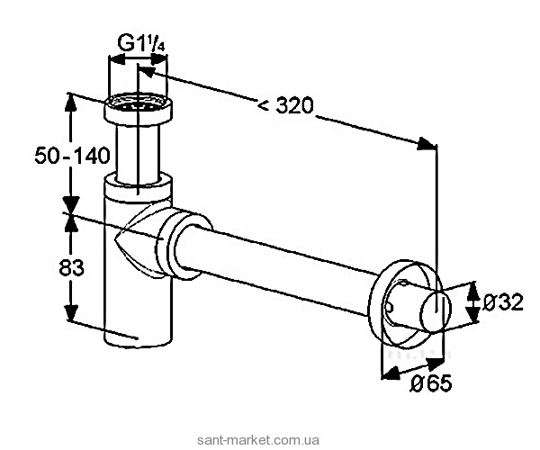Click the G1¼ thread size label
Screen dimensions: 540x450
[x=141, y=43]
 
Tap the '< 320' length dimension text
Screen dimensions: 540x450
[x=286, y=105]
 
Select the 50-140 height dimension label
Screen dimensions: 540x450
[x=72, y=156]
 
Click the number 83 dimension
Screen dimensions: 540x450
[x=71, y=267]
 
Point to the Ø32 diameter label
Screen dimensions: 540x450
[x=502, y=302]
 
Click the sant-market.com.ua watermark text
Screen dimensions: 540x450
[x=258, y=440]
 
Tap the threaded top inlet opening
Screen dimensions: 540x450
[x=138, y=103]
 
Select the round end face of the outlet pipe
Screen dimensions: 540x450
[x=436, y=310]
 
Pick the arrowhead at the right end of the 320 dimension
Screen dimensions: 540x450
[x=427, y=144]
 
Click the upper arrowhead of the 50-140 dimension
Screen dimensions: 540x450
[x=70, y=103]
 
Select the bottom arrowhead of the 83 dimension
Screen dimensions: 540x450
[x=71, y=312]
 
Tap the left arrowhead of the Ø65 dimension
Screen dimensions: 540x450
[x=389, y=373]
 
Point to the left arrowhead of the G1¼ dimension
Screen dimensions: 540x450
[x=116, y=60]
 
